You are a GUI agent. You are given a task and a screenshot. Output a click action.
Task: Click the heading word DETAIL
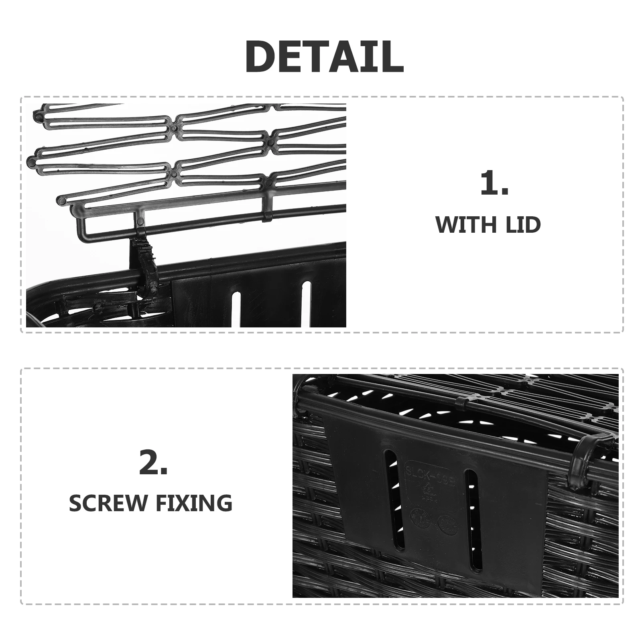pyautogui.click(x=324, y=56)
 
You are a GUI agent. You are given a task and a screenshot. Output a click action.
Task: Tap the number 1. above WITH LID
pyautogui.click(x=494, y=183)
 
